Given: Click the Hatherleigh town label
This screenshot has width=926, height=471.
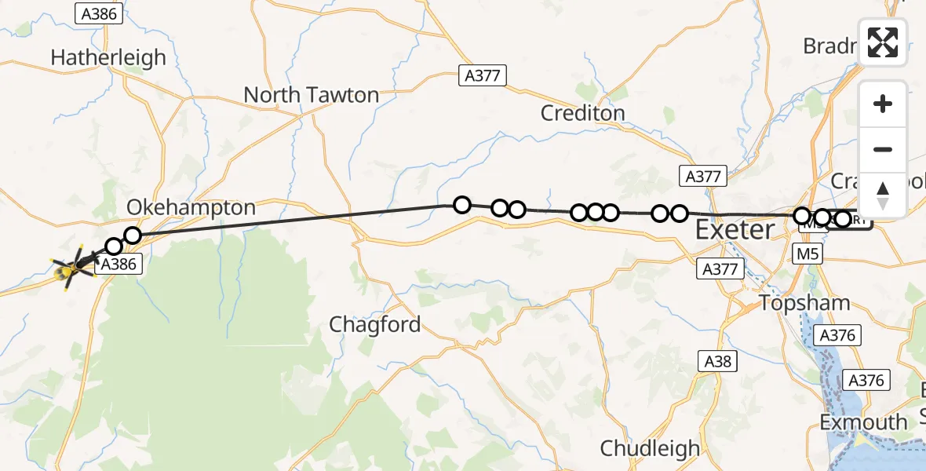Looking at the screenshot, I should (x=108, y=57).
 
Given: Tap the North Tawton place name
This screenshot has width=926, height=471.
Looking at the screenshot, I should (x=311, y=95).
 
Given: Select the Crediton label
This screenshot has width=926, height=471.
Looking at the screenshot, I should (x=582, y=113).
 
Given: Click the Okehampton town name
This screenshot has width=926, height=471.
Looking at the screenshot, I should (x=191, y=208).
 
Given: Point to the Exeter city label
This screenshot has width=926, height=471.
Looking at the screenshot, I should (x=735, y=231).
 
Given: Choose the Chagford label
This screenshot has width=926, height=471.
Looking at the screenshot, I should (x=375, y=324).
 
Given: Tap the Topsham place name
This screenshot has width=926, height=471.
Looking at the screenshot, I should (x=804, y=303).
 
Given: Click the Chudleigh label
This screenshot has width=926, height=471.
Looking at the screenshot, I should (x=650, y=448).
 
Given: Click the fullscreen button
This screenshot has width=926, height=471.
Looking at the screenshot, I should (x=883, y=42).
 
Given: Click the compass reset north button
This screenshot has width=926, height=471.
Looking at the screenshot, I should (x=883, y=195).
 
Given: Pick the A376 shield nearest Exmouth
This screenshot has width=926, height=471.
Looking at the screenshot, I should (x=866, y=381).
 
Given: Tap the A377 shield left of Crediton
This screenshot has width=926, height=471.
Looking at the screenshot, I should (x=483, y=75).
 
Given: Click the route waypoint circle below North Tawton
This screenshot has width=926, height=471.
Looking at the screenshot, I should (x=461, y=205).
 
